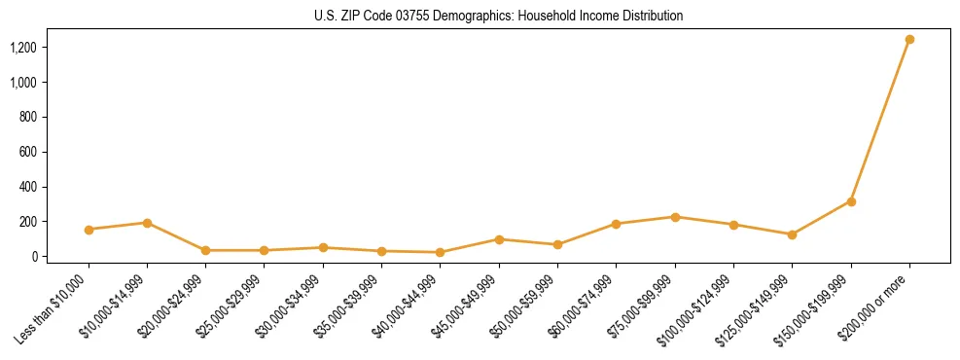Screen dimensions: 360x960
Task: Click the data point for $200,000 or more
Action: pos(909,40)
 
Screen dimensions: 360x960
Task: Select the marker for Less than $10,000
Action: pos(89,230)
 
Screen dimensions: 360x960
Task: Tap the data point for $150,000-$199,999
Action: pos(851,201)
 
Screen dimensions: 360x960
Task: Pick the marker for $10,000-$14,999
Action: pos(147,223)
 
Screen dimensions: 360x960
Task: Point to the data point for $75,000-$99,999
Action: pos(675,217)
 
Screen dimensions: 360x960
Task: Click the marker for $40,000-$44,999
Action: pos(441,252)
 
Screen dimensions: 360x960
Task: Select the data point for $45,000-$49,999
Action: pos(499,239)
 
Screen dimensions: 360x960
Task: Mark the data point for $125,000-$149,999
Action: pos(792,234)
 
